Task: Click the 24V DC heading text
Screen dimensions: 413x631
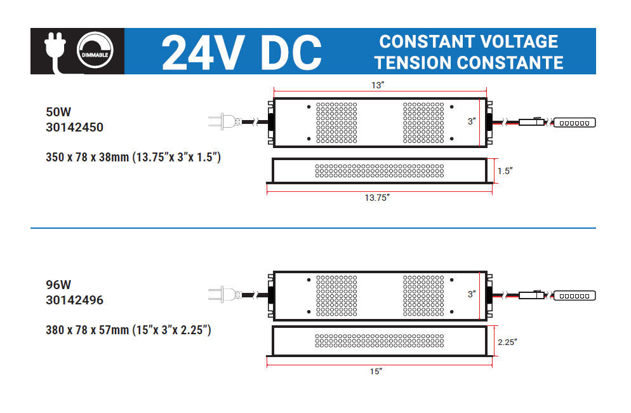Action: point(241,51)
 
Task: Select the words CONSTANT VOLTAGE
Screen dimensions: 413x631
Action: point(468,42)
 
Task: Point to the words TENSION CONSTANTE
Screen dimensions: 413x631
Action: point(468,62)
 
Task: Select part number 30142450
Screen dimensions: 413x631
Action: point(74,127)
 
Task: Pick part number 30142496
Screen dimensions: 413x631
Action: point(74,300)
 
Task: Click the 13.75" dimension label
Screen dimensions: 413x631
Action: point(376,198)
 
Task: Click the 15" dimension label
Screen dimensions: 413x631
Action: point(376,371)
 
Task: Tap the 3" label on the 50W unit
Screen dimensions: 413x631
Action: point(472,121)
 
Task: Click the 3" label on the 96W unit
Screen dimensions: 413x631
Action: point(472,294)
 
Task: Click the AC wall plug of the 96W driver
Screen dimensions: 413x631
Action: point(223,294)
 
